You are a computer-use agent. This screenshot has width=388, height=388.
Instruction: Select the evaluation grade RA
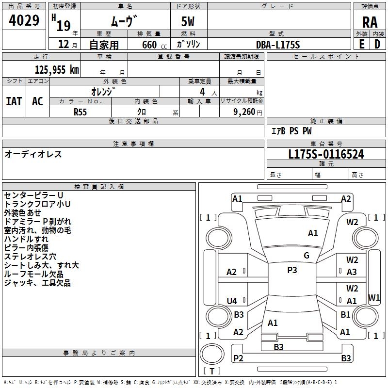pos(370,22)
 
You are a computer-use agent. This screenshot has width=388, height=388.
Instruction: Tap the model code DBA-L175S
pos(278,45)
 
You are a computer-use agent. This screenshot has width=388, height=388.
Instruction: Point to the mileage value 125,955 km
pos(57,70)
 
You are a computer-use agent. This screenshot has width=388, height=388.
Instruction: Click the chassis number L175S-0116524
pos(326,155)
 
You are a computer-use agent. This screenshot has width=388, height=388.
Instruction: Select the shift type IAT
pos(14,101)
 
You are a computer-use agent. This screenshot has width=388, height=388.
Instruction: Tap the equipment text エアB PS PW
pos(291,131)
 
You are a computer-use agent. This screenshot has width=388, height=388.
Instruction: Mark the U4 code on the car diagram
pos(232,301)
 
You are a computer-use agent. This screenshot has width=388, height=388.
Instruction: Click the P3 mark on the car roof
pos(292,270)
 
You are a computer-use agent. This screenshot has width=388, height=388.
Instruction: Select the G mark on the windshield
pos(307,256)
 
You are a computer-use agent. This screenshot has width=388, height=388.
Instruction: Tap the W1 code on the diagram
pos(374,297)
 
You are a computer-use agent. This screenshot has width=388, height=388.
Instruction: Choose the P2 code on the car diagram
pos(238,358)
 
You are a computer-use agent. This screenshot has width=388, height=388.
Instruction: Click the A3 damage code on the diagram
pos(352,272)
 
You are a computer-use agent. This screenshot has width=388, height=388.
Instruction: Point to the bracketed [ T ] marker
pos(212,371)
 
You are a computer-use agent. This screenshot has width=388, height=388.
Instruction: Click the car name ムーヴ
pos(125,21)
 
